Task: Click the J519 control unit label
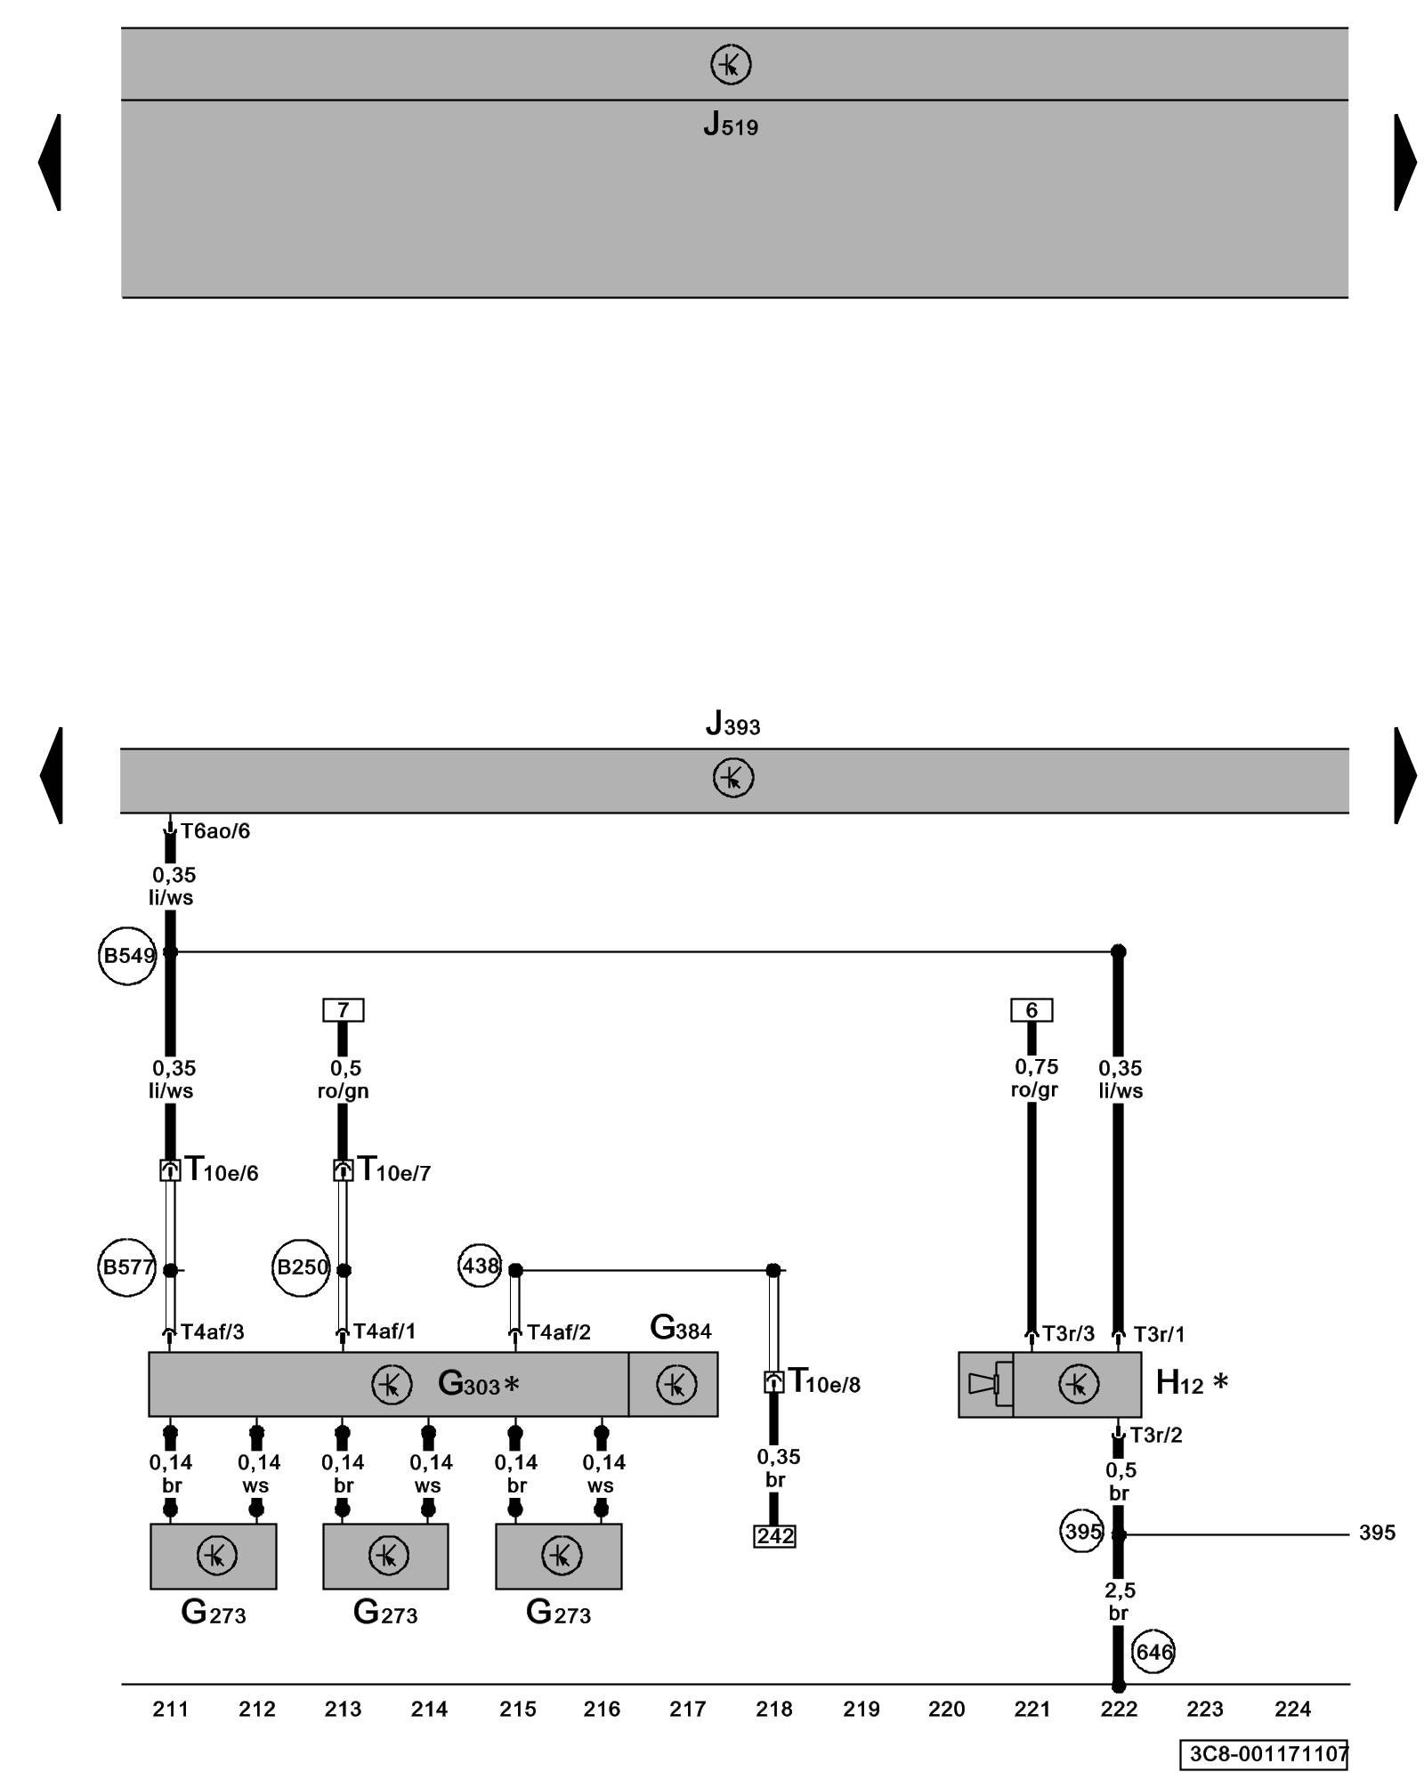[731, 125]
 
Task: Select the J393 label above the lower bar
[732, 724]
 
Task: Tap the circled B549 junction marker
[128, 956]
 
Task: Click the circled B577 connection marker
[127, 1267]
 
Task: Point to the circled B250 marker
[301, 1267]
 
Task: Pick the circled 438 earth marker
[480, 1265]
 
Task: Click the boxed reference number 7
[343, 1010]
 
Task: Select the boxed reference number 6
[1032, 1010]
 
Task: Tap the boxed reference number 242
[774, 1536]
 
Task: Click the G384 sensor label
[681, 1328]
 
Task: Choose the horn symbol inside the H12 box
[984, 1384]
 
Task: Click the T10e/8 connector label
[824, 1382]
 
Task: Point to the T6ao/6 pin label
[215, 831]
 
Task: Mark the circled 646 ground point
[1153, 1652]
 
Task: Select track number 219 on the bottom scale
[861, 1709]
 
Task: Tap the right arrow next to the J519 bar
[1404, 162]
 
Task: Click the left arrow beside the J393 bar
[52, 775]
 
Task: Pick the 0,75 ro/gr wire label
[1035, 1078]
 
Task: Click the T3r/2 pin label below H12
[1155, 1435]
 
